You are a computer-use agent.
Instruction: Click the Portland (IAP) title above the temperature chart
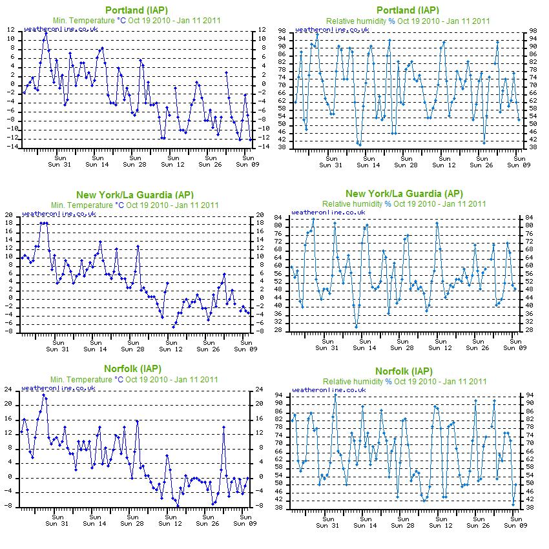(136, 10)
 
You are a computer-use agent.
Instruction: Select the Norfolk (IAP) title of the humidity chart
(404, 371)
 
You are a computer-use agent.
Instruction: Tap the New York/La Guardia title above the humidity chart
(404, 194)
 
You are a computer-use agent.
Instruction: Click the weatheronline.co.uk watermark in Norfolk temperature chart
(59, 388)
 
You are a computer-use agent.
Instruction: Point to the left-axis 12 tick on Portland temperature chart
(10, 30)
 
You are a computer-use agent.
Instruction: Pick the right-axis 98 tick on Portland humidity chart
(533, 31)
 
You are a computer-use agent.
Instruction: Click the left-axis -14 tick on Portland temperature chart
(12, 147)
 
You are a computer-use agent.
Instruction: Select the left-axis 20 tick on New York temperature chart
(9, 214)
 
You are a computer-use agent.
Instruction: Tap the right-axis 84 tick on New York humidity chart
(529, 218)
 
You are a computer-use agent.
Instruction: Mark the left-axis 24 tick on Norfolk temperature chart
(8, 389)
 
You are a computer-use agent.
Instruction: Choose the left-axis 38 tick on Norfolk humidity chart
(279, 507)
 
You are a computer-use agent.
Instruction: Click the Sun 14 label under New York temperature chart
(95, 349)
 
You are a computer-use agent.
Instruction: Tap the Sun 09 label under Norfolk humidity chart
(515, 525)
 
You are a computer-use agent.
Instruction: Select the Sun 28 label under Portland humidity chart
(406, 165)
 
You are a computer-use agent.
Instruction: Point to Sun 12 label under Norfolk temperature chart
(170, 523)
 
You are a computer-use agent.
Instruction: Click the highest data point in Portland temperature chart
(46, 33)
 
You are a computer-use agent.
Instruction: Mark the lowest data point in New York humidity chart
(357, 327)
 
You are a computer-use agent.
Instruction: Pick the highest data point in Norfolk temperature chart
(43, 395)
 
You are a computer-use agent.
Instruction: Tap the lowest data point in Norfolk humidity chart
(513, 504)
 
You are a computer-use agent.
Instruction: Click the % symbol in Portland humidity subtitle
(391, 21)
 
